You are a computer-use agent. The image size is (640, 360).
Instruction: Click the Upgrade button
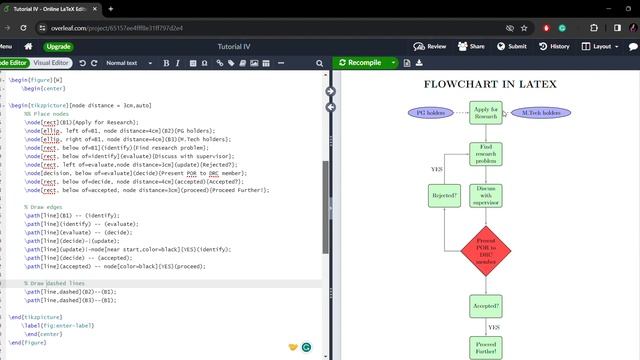[58, 46]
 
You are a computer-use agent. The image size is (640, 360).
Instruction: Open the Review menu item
[431, 46]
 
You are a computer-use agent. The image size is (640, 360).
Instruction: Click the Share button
[472, 46]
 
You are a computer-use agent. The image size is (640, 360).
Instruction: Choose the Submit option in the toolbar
[512, 46]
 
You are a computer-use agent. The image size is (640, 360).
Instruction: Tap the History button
[555, 46]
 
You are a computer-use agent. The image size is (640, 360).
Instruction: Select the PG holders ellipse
[431, 113]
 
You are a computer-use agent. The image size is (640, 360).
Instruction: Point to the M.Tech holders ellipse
[540, 113]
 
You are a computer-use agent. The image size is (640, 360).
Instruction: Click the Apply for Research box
[486, 113]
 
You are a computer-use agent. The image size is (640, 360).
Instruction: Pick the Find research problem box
[486, 154]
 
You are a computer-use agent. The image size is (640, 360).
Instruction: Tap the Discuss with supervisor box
[486, 195]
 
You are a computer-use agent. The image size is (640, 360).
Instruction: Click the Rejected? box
[445, 195]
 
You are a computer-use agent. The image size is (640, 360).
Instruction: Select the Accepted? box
[486, 306]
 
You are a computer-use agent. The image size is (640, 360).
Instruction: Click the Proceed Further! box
[486, 347]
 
